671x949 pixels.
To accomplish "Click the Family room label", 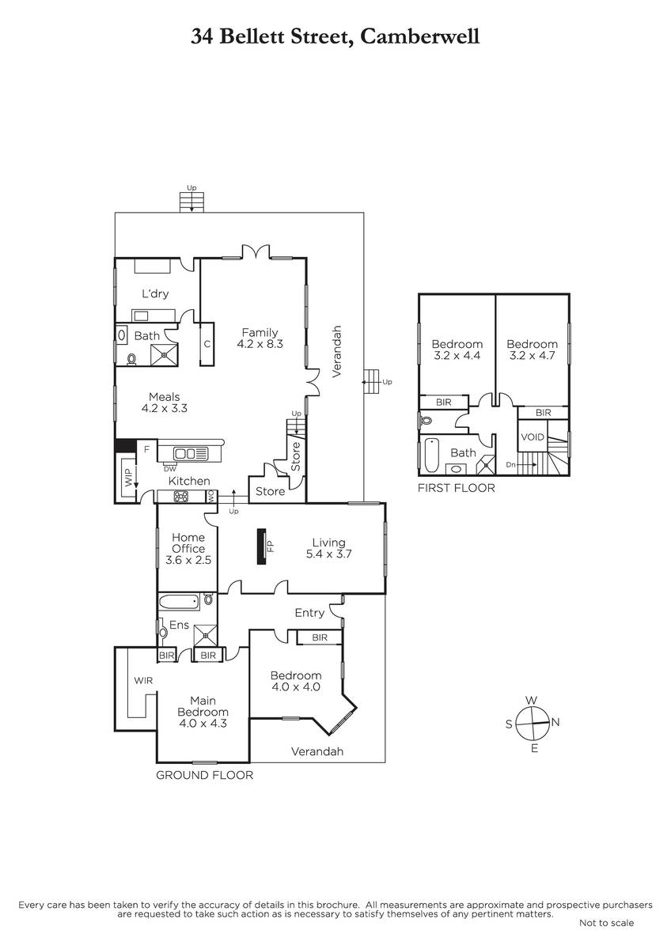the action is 260,333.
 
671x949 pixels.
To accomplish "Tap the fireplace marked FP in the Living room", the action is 263,546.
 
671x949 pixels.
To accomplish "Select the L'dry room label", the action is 155,293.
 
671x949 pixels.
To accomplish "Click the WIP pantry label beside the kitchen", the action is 129,478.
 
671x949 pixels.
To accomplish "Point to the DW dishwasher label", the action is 170,468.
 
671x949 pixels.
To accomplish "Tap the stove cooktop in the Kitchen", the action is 181,497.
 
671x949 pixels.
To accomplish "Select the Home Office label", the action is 188,543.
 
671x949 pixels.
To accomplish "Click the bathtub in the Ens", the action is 179,602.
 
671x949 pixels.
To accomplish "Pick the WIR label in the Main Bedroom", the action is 143,680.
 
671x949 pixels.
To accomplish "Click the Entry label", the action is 309,613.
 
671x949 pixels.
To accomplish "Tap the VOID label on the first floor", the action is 533,437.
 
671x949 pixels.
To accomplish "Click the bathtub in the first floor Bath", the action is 431,455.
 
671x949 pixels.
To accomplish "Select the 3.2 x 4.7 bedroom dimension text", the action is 532,355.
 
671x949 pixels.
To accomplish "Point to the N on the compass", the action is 555,722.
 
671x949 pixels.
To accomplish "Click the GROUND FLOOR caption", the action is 204,775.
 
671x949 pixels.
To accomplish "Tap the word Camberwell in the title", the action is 419,36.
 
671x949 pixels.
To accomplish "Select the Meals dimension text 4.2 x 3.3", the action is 164,408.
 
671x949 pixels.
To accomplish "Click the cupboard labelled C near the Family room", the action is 207,344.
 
